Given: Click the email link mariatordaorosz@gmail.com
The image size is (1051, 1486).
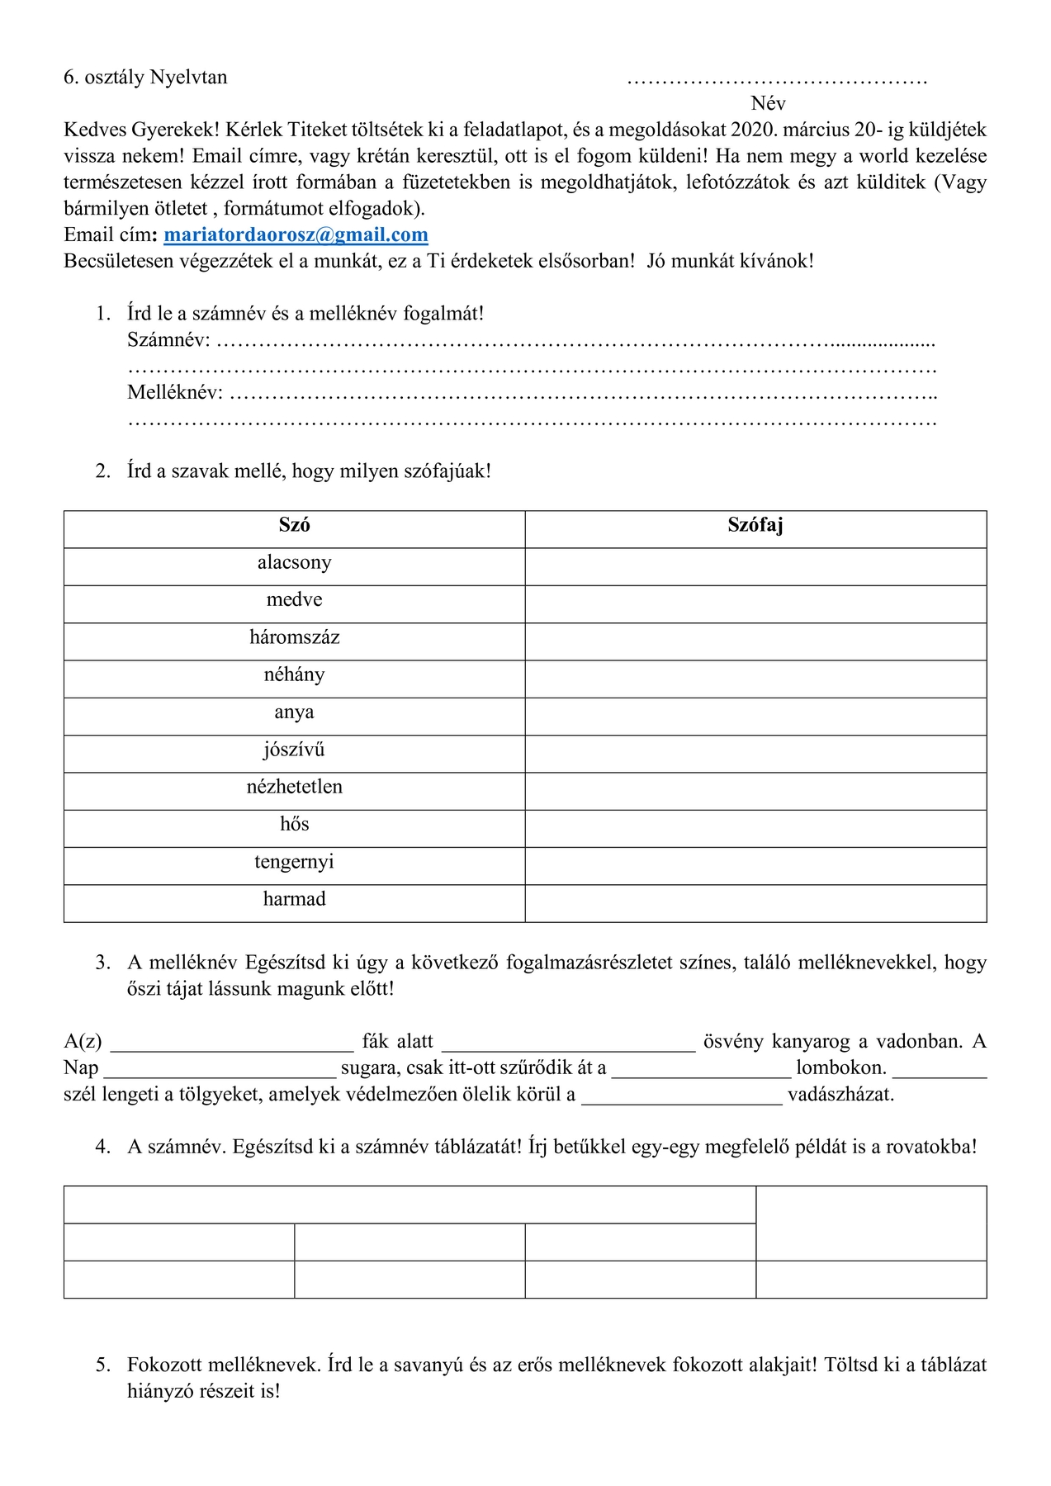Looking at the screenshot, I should tap(296, 235).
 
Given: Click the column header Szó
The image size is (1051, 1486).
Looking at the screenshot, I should tap(294, 525).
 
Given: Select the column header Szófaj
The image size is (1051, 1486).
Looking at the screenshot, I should tap(755, 525).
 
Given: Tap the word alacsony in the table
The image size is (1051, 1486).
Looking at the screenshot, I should tap(294, 563).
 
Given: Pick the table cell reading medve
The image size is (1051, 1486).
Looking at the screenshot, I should tap(294, 600).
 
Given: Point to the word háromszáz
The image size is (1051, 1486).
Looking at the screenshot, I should tap(294, 637).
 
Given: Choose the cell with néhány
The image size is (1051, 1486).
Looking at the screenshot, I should tap(294, 675).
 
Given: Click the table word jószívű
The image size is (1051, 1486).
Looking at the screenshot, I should tap(294, 750).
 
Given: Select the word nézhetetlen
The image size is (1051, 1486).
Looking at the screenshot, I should tap(294, 788).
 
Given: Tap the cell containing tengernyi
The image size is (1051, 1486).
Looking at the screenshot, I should tap(294, 862).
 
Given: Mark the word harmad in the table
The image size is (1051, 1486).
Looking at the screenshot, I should tap(294, 899).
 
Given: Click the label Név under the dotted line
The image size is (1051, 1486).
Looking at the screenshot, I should tap(768, 104).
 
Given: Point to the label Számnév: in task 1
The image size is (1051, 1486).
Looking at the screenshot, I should tap(168, 340).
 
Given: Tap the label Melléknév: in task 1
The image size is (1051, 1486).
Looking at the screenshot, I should tap(175, 393).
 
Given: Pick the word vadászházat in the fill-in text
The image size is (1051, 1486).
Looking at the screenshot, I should tap(840, 1095).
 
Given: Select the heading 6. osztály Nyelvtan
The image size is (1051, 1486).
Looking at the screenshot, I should tap(145, 78).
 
